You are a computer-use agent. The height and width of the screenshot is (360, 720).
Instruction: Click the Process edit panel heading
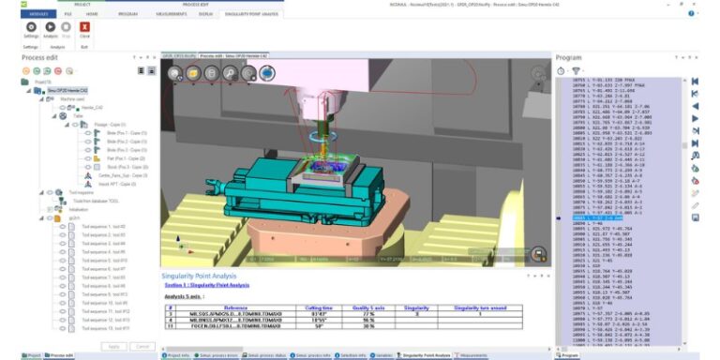click(40, 58)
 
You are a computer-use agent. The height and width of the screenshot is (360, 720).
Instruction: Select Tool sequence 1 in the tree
click(103, 227)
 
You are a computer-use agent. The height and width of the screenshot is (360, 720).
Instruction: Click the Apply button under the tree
click(112, 346)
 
